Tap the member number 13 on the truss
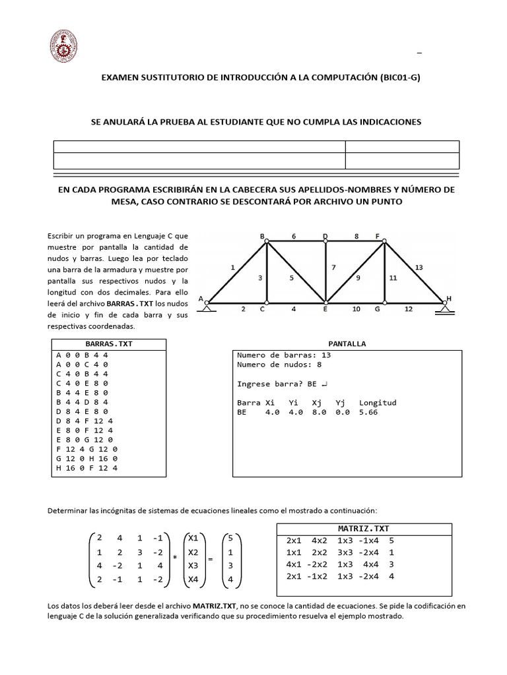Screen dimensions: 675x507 [419, 267]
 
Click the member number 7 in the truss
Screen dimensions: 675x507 [334, 268]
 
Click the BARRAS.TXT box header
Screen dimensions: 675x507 [109, 343]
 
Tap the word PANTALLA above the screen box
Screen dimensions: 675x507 [347, 343]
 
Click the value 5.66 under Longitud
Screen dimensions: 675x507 [370, 412]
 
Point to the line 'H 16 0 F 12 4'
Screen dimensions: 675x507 [86, 468]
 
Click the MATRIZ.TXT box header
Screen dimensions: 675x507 [363, 529]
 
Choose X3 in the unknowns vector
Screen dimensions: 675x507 [193, 566]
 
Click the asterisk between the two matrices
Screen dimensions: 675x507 [175, 558]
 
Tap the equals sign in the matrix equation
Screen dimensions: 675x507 [211, 559]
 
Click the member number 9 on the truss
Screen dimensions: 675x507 [358, 278]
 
